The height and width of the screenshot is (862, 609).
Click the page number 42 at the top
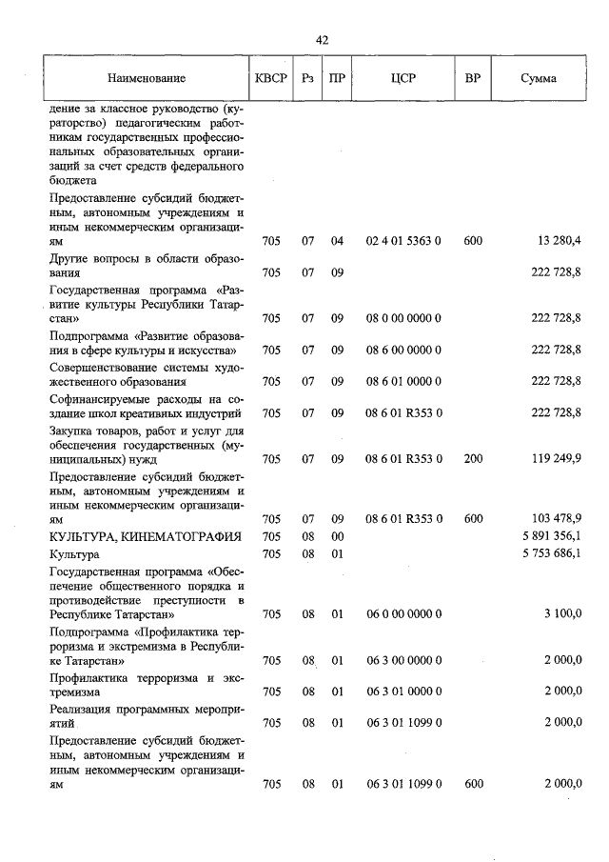[x=322, y=39]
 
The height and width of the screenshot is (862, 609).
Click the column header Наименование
[x=147, y=78]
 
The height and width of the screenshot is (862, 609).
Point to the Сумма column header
[x=539, y=78]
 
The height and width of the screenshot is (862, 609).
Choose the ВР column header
[x=473, y=78]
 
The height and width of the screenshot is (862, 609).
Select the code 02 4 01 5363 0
[x=403, y=241]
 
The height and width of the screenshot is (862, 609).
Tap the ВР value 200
[x=473, y=458]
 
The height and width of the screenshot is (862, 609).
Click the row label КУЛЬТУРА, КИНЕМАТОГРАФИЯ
[x=132, y=536]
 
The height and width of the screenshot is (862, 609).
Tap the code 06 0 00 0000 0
[x=403, y=614]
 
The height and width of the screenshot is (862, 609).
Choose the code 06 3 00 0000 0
[x=403, y=660]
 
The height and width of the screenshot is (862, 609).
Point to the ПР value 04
[x=336, y=241]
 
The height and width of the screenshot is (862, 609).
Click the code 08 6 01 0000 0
[x=403, y=381]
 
